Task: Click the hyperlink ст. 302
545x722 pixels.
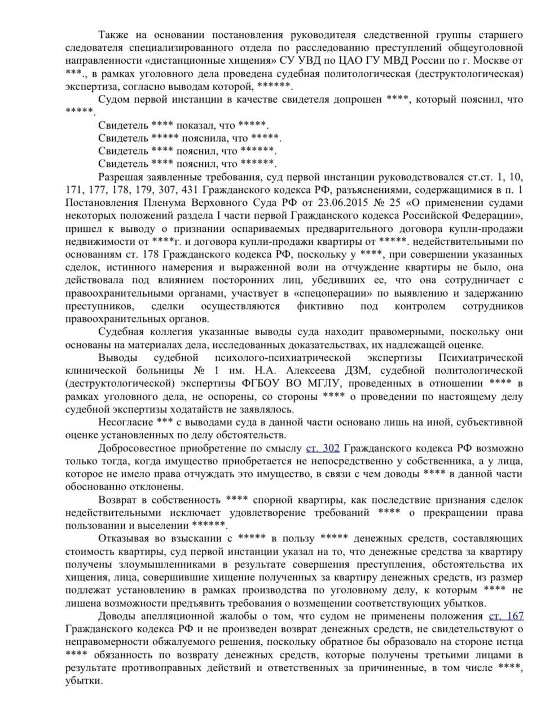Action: point(323,448)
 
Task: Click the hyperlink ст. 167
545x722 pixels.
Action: point(506,617)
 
